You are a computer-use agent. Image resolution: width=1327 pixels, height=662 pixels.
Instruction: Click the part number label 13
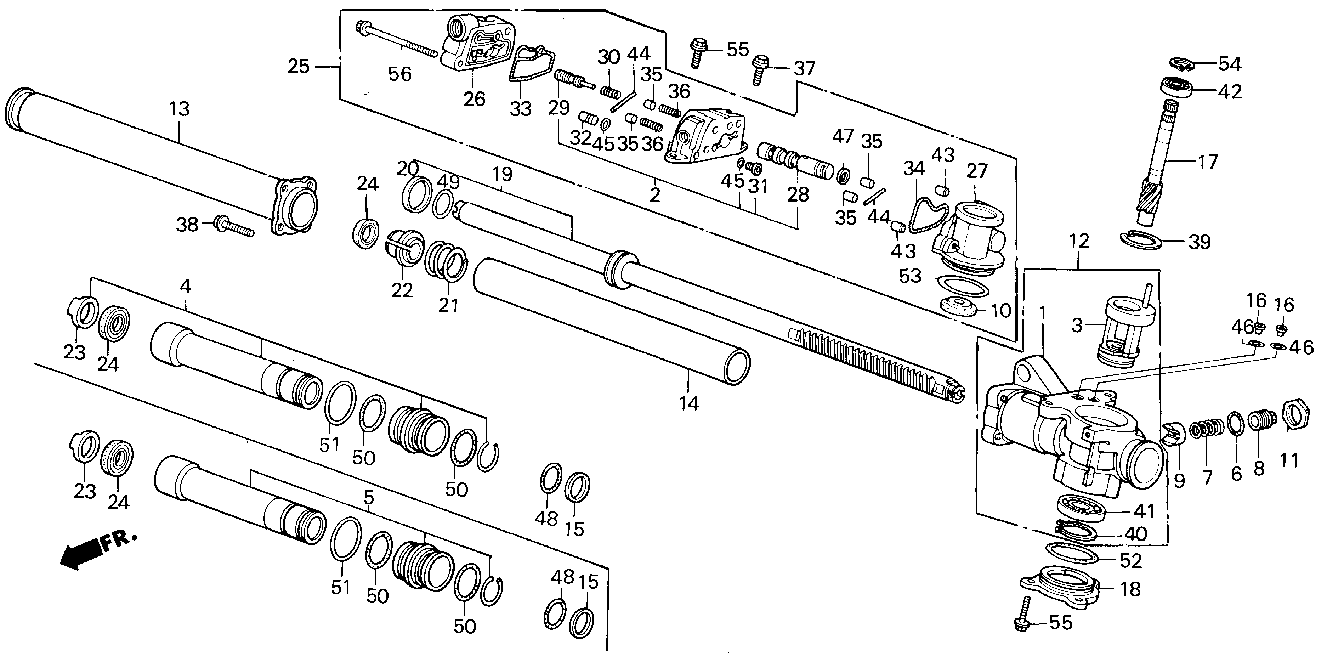click(x=179, y=109)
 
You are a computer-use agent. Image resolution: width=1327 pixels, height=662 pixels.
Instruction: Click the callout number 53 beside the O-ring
click(x=910, y=276)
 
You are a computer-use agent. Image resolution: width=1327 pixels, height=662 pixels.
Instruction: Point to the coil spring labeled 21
click(x=446, y=261)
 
